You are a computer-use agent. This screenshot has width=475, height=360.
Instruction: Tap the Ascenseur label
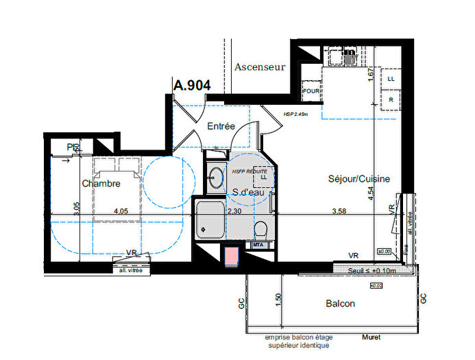coord(259,67)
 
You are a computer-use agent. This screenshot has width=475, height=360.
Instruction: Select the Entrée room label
coord(221,126)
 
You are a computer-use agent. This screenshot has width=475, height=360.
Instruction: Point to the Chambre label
coord(101,184)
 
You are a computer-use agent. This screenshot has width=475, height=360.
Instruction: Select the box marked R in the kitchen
coord(391,100)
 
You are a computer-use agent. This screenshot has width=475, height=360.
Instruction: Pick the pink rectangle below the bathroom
coord(233,256)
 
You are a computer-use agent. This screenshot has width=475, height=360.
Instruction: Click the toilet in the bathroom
coord(260,229)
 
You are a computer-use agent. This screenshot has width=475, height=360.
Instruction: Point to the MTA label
coord(258,245)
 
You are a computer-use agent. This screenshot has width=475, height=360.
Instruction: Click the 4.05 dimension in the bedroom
coord(121,212)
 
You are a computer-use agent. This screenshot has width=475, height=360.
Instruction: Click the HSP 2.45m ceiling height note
coord(295,115)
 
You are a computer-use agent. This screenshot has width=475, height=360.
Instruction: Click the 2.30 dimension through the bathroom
coord(234,212)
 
